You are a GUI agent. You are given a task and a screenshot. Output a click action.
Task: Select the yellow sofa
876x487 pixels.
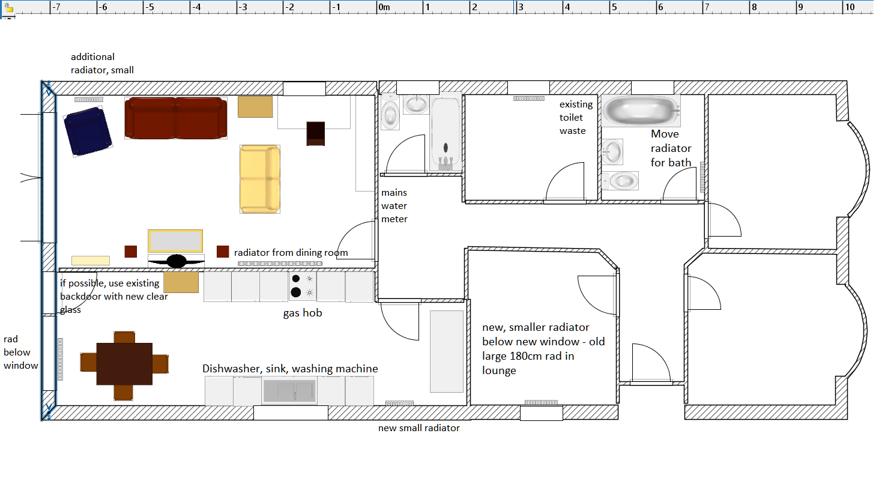tap(260, 179)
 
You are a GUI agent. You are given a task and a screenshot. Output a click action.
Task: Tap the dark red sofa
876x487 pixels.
tap(176, 118)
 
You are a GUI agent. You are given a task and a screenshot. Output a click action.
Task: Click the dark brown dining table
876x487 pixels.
tap(124, 364)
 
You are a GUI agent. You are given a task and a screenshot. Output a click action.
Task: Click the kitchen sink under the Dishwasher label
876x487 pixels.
tap(288, 392)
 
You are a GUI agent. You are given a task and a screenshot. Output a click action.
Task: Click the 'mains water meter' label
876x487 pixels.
tap(394, 206)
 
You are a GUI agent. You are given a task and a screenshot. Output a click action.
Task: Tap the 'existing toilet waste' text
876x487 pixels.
tap(576, 118)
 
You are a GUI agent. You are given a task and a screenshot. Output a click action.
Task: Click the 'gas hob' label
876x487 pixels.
tap(303, 313)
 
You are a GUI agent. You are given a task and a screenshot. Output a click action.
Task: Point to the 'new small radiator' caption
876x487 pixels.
tap(418, 428)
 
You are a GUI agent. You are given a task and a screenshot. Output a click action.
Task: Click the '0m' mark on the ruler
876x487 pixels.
tap(384, 7)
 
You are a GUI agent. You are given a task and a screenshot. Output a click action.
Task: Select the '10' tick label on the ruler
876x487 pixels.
tap(850, 7)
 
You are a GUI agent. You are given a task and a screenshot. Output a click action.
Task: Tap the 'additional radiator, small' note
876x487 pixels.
tap(102, 64)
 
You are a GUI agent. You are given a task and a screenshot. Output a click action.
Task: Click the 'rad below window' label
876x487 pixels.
tap(20, 352)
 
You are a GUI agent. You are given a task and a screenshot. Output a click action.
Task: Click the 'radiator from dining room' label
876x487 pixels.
tap(291, 253)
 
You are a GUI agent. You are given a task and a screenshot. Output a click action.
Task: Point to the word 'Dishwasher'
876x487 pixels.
tap(231, 369)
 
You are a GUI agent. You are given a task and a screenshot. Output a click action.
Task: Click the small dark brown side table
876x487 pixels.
tap(316, 133)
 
